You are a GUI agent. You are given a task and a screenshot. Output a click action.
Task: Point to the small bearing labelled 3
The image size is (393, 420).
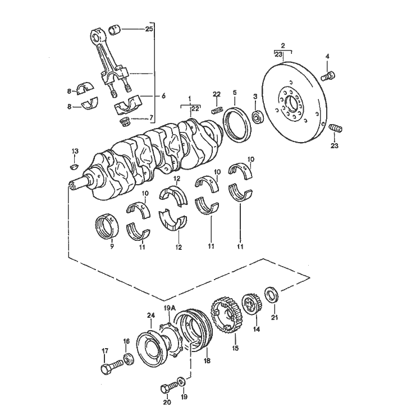[258, 118]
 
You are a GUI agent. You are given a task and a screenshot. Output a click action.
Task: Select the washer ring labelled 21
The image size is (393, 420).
[272, 294]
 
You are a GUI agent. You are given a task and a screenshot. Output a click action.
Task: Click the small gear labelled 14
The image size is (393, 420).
[250, 304]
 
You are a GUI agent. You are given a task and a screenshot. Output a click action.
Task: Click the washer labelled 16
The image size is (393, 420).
[127, 358]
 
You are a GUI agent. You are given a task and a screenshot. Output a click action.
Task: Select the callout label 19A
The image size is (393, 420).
[169, 308]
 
